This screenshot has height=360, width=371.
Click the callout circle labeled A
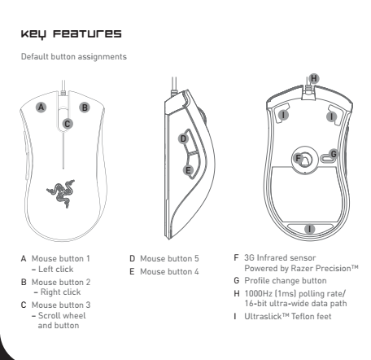coord(41,107)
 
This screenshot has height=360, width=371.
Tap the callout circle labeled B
coord(85,108)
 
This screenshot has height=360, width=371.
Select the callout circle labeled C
coord(68,124)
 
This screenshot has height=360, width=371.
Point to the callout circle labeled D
coord(183,138)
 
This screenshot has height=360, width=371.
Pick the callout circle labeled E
coord(188,170)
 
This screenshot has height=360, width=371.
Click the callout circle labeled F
coord(298,158)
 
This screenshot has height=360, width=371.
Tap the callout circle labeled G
coord(334,154)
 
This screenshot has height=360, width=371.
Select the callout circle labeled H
coord(314,78)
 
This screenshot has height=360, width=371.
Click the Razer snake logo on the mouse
coord(61,193)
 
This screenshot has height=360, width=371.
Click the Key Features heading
coord(72,34)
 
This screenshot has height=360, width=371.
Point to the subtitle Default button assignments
coord(74,56)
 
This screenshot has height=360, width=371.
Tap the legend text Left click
coord(56,269)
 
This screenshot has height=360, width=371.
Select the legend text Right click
coord(61,292)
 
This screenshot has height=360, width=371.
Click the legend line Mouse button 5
coord(169,258)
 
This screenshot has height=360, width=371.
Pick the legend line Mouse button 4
coord(169,271)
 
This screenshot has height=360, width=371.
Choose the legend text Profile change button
coord(286,280)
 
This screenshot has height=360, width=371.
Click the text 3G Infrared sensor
coord(280,257)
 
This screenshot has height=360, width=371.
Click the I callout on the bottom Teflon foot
coord(309,229)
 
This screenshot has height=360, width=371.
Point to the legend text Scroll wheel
coord(62,315)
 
